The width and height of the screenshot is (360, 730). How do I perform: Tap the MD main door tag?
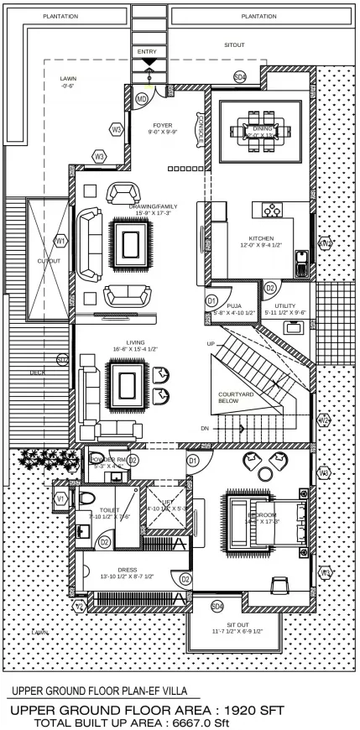(143, 100)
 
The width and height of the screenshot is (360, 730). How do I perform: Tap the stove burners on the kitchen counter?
(273, 211)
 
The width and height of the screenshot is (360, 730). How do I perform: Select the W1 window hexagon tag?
(60, 241)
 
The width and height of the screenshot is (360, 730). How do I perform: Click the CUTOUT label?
(49, 261)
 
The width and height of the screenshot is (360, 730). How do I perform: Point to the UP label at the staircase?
(211, 344)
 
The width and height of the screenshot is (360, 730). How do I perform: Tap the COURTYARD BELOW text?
(237, 398)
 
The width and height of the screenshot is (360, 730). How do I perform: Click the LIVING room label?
(136, 343)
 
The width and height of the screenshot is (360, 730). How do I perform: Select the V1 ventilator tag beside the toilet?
(60, 498)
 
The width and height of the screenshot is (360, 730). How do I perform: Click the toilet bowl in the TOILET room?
(88, 498)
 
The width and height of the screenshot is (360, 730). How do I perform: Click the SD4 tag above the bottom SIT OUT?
(217, 606)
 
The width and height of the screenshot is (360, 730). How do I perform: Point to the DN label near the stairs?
(204, 429)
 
